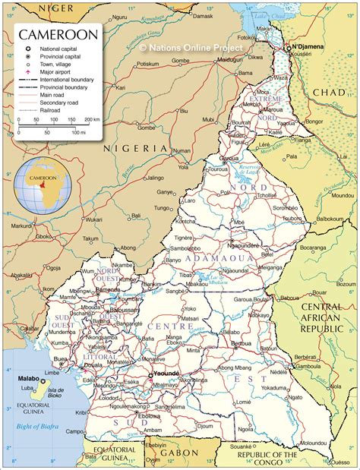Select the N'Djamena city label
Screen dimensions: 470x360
tap(308, 46)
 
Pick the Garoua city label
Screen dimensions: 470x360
tap(228, 158)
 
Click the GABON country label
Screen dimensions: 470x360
tap(182, 453)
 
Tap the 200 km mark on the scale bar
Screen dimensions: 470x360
tap(93, 120)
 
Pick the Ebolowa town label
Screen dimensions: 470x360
tap(150, 416)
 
